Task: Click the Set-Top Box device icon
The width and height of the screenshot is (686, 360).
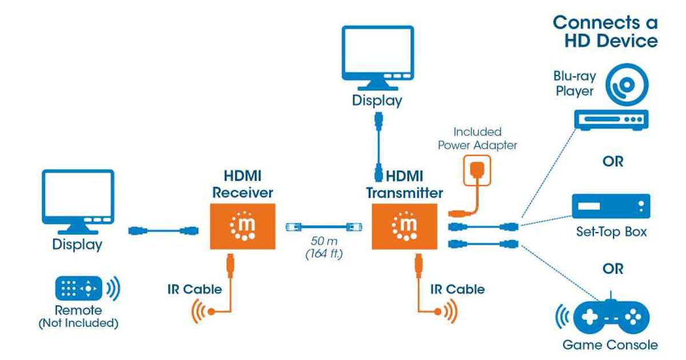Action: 611,206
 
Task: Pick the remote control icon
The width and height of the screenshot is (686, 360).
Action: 78,289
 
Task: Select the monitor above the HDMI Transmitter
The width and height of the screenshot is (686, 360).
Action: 376,57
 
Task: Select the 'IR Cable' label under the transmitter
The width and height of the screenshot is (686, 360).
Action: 457,289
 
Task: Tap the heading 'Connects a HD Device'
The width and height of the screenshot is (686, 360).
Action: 605,31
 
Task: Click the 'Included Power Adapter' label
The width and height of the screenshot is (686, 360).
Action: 477,139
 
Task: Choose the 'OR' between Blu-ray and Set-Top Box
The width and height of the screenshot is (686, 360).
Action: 612,162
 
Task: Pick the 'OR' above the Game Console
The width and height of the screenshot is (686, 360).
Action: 612,268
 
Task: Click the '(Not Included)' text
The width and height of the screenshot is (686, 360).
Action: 78,323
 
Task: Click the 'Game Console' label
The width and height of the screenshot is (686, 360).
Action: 610,345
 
